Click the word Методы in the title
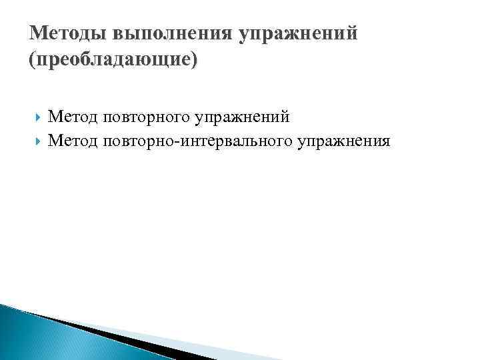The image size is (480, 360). tap(67, 33)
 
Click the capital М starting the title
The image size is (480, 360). tap(38, 33)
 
